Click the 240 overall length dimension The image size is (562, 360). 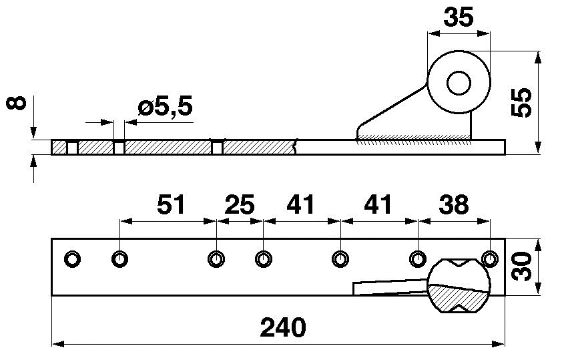[x=283, y=327]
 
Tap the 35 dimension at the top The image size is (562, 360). [x=459, y=17]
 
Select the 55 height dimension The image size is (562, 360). [x=521, y=102]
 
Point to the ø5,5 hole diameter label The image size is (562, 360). [x=166, y=106]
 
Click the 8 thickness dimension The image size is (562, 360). [x=17, y=103]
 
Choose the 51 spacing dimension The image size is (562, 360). [x=171, y=205]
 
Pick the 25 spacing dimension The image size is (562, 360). [x=240, y=205]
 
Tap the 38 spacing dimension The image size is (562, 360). [x=453, y=205]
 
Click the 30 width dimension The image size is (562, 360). [x=521, y=266]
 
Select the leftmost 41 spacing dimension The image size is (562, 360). [x=300, y=205]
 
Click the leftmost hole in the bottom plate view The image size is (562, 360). [x=72, y=259]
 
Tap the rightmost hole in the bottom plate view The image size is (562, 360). [x=490, y=259]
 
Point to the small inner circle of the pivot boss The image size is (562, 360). [x=459, y=83]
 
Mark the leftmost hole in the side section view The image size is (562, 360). [x=72, y=148]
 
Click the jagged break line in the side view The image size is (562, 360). [x=295, y=147]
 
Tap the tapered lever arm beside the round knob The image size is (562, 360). [x=390, y=287]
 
